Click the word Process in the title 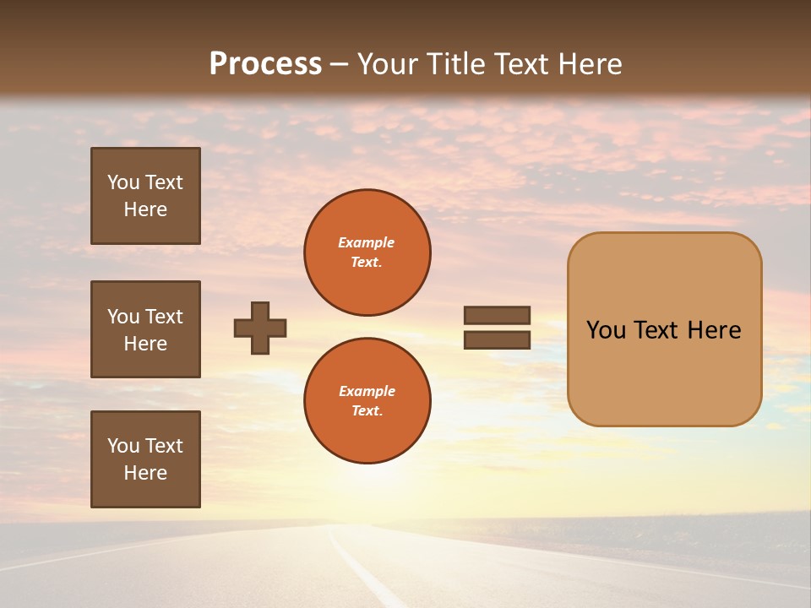tap(265, 64)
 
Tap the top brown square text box tap(145, 196)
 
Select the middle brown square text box tap(145, 329)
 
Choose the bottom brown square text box tap(145, 459)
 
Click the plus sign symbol tap(260, 328)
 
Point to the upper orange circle tap(367, 252)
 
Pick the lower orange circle tap(367, 400)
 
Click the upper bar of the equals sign tap(497, 316)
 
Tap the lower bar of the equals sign tap(497, 339)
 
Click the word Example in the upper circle tap(367, 242)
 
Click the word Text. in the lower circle tap(367, 411)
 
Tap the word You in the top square tap(123, 182)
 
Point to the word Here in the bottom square tap(145, 473)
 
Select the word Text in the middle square tap(164, 317)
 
